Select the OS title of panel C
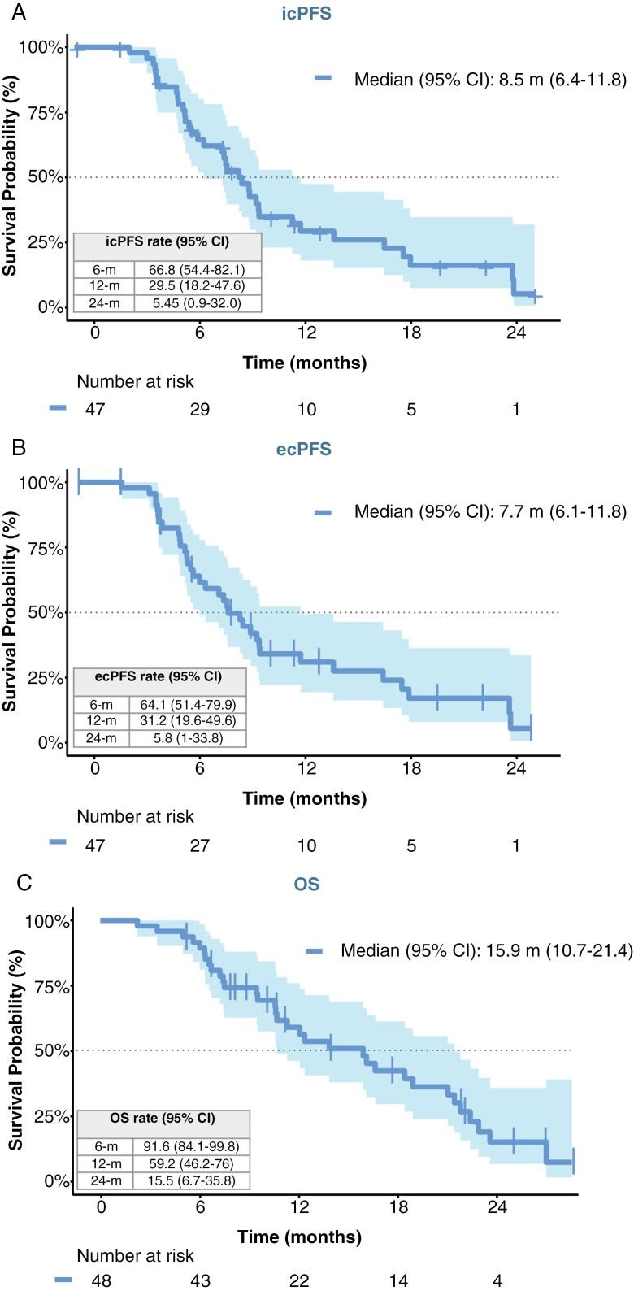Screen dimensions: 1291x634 point(306,884)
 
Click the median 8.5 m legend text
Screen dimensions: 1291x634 point(479,79)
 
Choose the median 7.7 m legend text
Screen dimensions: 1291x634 point(479,511)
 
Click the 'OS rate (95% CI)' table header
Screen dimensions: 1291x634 point(163,1119)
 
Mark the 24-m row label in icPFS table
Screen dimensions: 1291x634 point(98,302)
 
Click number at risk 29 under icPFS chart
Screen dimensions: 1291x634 point(200,410)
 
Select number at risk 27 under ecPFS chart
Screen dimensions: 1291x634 point(200,845)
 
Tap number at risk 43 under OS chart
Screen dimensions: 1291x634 point(200,1281)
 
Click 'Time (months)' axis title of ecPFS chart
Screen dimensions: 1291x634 point(304,798)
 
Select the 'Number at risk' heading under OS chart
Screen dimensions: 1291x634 point(136,1256)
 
